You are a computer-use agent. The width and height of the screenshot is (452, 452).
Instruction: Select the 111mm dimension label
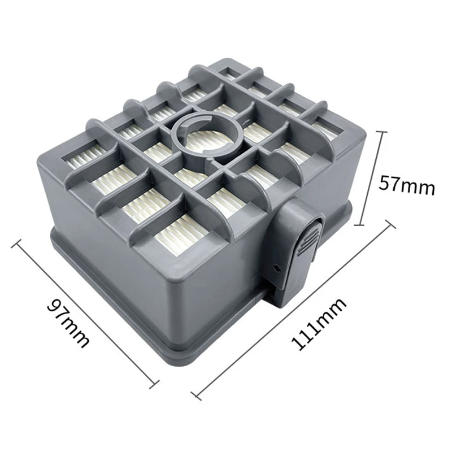point(319,324)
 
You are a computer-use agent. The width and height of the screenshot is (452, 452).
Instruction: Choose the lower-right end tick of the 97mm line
point(154,385)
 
